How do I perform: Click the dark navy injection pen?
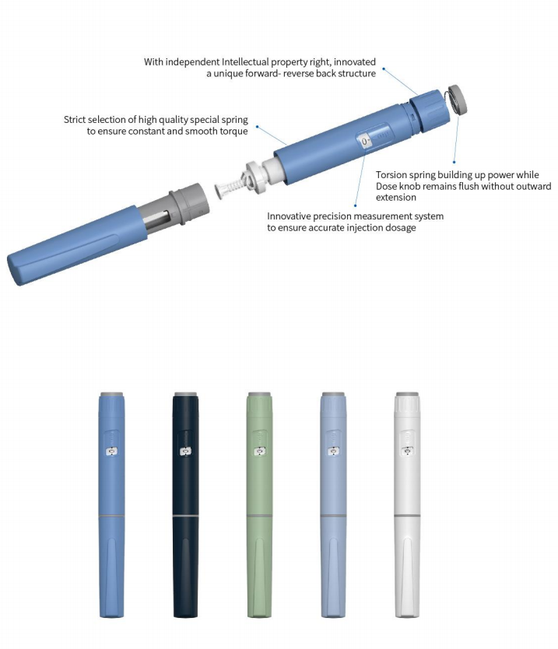point(185,504)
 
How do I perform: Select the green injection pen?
point(260,504)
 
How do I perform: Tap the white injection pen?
point(407,504)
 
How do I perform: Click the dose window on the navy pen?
point(185,451)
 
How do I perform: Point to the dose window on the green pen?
point(260,451)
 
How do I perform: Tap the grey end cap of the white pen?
point(407,395)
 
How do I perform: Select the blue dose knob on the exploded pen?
point(430,111)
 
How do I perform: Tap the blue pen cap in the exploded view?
point(77,244)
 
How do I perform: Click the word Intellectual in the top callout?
point(245,62)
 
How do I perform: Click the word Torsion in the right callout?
point(391,174)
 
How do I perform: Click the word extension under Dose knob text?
point(395,198)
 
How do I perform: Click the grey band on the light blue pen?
point(333,516)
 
